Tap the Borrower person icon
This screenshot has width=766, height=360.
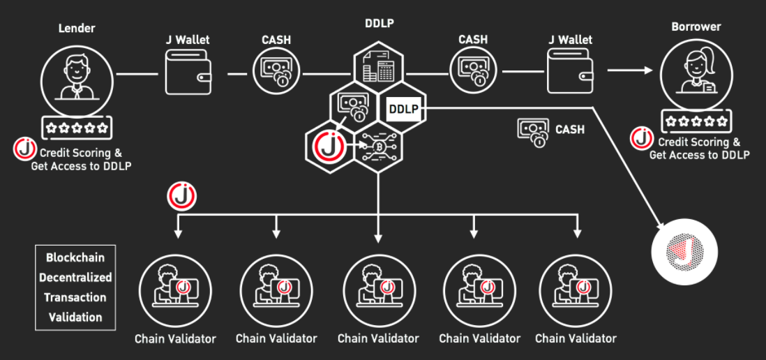pyautogui.click(x=696, y=72)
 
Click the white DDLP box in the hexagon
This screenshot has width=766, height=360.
pyautogui.click(x=403, y=109)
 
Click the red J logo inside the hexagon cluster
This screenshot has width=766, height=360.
pyautogui.click(x=327, y=146)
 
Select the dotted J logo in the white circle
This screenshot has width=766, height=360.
pyautogui.click(x=684, y=250)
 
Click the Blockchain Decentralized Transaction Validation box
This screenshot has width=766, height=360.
pyautogui.click(x=75, y=287)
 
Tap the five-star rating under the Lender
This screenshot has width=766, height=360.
pyautogui.click(x=75, y=128)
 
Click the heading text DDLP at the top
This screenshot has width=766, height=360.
pyautogui.click(x=378, y=23)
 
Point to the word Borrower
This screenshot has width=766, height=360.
pyautogui.click(x=696, y=27)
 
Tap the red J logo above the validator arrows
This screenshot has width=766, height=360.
pyautogui.click(x=181, y=197)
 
